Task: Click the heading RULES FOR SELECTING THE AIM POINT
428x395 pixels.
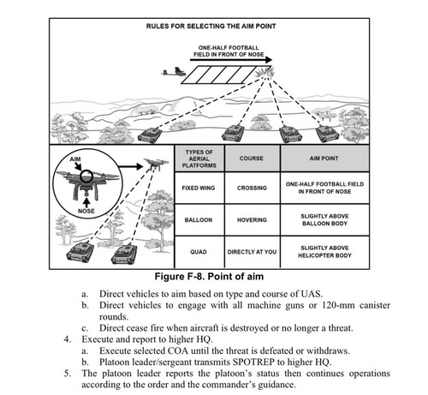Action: [211, 26]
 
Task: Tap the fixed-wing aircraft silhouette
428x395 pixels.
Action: [173, 72]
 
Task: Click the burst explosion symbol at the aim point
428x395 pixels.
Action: [265, 72]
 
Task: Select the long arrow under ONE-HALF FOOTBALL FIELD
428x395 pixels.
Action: [231, 60]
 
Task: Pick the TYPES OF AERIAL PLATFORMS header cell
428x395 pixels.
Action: [199, 159]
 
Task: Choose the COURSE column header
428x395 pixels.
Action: [252, 159]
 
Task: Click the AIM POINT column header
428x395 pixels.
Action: [324, 159]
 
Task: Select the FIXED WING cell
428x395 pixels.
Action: [199, 188]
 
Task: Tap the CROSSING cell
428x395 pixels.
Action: [252, 188]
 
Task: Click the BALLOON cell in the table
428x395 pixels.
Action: [199, 220]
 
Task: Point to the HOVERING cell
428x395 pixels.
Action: [252, 220]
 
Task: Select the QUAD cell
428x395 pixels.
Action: [199, 252]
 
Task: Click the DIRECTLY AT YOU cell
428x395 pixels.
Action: [252, 252]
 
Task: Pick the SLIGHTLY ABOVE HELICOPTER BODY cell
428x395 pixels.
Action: [324, 252]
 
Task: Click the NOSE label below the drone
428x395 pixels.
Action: [86, 211]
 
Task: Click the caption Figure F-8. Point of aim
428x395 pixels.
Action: [209, 277]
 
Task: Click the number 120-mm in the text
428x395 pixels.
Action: [338, 305]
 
